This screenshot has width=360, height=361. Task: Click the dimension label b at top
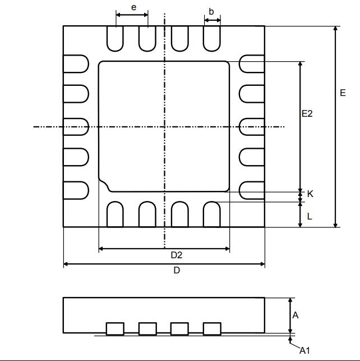click(211, 11)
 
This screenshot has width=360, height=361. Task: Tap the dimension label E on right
click(343, 93)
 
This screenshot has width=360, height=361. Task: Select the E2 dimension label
click(307, 113)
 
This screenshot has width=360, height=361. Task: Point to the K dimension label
click(310, 194)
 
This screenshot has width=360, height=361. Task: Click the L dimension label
click(310, 216)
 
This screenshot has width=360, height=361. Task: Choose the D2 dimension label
click(177, 255)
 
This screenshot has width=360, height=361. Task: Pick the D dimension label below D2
click(177, 270)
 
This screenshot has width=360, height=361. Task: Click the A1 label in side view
click(304, 350)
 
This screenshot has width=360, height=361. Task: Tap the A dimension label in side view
click(296, 315)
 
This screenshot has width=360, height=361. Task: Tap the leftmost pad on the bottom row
click(115, 214)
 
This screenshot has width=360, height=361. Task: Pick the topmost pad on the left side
click(76, 63)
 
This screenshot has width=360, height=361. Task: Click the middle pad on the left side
click(76, 127)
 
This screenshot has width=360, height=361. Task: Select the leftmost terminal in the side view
click(115, 328)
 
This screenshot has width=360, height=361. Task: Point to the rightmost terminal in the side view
click(212, 328)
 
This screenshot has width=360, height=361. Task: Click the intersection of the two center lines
click(164, 127)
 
